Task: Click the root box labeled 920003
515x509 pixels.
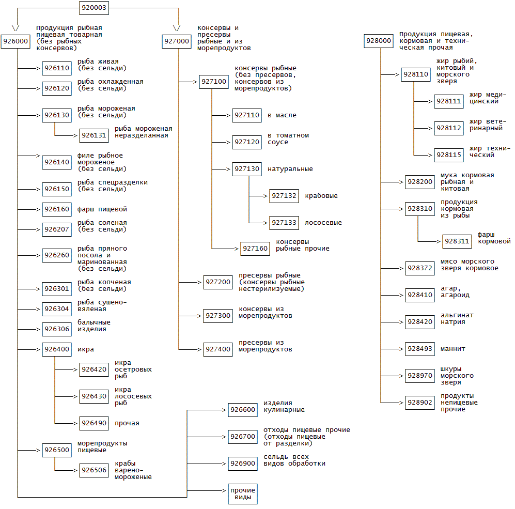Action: pos(94,8)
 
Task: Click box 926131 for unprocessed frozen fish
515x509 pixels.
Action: pos(94,135)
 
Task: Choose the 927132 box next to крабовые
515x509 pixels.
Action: pos(284,196)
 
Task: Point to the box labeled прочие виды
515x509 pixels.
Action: pos(243,494)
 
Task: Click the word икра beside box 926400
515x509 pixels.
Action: pos(86,349)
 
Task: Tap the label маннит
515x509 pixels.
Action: pos(453,349)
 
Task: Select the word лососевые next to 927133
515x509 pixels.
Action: pos(323,223)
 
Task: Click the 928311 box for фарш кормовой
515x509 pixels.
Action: pos(457,241)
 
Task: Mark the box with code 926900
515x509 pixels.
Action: pos(243,464)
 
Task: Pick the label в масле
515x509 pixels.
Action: pos(282,115)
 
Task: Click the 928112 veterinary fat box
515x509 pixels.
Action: pos(449,128)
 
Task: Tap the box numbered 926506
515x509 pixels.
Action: pos(94,470)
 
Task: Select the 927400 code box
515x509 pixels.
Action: pos(218,349)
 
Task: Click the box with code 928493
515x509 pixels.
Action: pos(420,349)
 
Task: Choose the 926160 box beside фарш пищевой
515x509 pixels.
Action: pos(57,209)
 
